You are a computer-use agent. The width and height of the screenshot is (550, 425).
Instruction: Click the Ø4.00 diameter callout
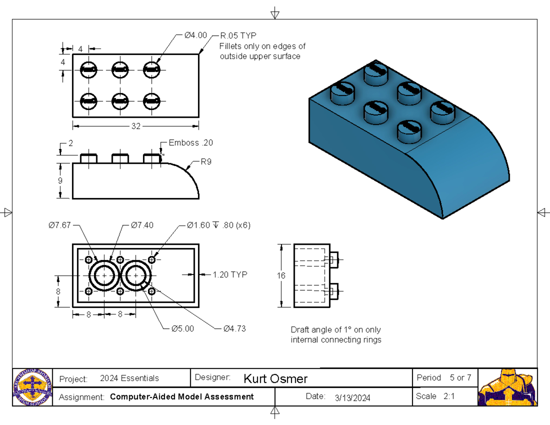[195, 35]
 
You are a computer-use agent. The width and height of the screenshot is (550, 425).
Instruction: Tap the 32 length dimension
[136, 126]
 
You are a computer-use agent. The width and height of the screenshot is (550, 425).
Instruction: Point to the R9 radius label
[206, 162]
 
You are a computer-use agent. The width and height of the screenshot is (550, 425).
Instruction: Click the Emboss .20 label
[191, 143]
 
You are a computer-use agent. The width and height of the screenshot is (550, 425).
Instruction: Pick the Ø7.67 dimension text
[60, 225]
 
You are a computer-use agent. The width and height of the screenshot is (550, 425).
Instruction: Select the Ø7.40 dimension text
[142, 225]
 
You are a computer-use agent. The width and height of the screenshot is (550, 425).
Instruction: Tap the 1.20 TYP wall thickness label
[230, 275]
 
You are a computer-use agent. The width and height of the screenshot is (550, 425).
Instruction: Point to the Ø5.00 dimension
[182, 328]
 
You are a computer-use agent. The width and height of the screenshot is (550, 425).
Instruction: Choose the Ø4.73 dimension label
[234, 328]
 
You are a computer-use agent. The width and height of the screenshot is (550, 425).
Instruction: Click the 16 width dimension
[281, 276]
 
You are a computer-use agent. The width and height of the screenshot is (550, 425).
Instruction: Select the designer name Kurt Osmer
[275, 379]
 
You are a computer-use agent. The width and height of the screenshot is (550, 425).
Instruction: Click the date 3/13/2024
[352, 397]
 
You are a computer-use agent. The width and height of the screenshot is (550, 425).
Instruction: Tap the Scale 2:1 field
[435, 397]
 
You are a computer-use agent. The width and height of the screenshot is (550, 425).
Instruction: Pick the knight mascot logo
[507, 387]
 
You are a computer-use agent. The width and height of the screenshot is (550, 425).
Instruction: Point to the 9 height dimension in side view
[60, 181]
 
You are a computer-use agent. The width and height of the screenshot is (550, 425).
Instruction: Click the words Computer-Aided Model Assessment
[182, 397]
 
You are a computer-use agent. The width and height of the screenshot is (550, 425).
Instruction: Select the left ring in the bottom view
[104, 275]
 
